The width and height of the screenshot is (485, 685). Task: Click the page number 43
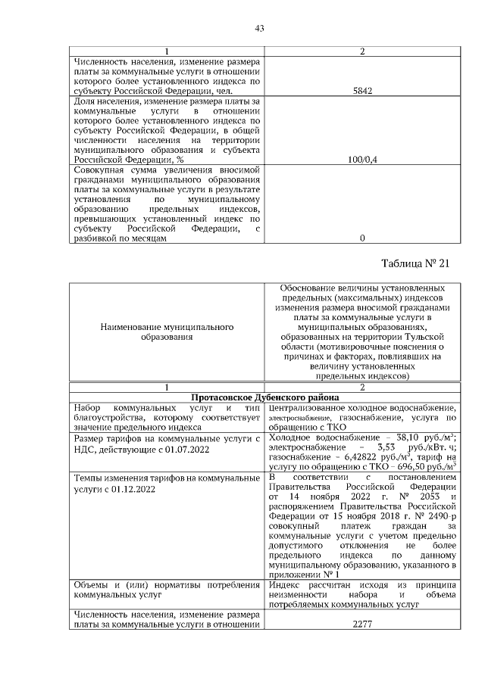tap(259, 29)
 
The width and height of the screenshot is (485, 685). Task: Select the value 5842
tap(362, 90)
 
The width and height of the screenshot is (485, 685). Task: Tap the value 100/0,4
tap(362, 160)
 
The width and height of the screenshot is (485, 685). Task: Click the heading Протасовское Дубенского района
tap(264, 397)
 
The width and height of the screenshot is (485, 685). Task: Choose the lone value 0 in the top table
tap(362, 238)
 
